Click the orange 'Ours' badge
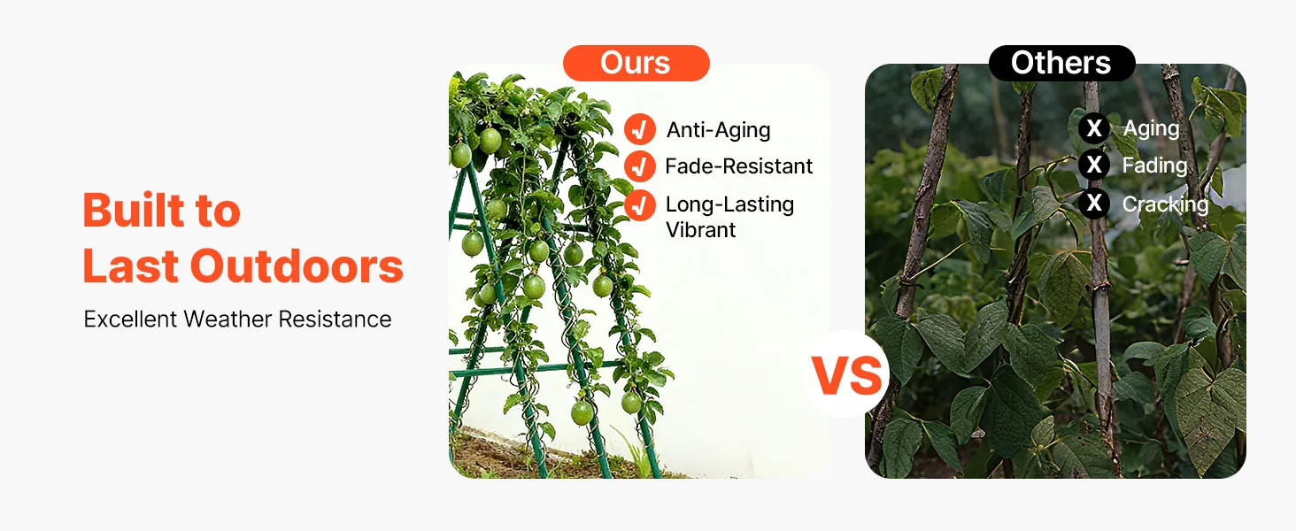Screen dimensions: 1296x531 636,63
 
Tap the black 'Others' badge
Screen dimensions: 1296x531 1061,63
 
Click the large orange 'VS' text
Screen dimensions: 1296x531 846,375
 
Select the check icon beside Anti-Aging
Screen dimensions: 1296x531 640,129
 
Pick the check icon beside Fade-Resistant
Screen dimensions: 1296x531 640,166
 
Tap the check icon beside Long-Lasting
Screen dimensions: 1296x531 640,204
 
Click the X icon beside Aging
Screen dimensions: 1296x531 1094,127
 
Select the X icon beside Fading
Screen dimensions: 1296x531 1094,165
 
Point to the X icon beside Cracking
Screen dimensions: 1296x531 1094,203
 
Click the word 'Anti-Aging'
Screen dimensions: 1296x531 718,131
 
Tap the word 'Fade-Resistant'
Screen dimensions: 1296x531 739,166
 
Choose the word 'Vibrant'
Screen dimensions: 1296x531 700,230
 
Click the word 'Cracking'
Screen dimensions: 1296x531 1165,204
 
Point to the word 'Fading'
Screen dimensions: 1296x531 1155,166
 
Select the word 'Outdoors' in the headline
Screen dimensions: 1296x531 297,266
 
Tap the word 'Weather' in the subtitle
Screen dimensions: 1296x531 228,319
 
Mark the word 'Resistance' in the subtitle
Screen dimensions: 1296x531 335,319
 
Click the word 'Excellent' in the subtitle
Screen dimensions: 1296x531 131,319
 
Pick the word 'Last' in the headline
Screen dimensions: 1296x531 131,266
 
